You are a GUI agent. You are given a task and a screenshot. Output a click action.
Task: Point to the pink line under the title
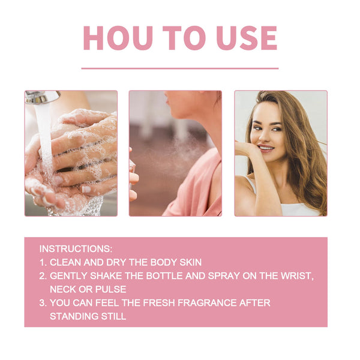pos(180,68)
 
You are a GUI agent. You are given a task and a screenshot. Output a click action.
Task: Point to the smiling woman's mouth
pos(266,148)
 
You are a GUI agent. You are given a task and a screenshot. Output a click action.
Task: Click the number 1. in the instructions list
pos(43,262)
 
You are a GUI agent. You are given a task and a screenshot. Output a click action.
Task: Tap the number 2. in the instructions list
pos(43,275)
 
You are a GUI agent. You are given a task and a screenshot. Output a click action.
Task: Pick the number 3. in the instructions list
pos(43,303)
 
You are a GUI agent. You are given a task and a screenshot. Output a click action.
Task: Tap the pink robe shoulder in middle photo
pos(198,180)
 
